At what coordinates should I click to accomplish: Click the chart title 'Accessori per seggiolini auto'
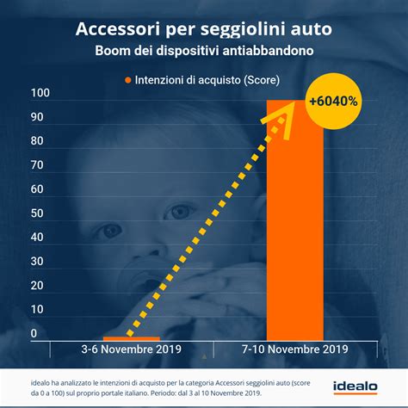203,29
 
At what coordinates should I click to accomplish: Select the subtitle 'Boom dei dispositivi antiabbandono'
203,51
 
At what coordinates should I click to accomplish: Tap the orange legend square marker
128,80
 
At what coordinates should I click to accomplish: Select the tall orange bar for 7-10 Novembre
295,224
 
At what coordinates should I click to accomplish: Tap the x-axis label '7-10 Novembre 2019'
295,349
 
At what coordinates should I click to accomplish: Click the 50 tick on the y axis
38,213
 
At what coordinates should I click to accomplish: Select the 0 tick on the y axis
34,334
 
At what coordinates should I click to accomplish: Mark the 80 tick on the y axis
38,141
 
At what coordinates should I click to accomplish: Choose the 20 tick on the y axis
38,286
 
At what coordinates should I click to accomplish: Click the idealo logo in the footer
358,387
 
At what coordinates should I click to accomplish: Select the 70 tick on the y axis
38,165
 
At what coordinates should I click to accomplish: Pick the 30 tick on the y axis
38,262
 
